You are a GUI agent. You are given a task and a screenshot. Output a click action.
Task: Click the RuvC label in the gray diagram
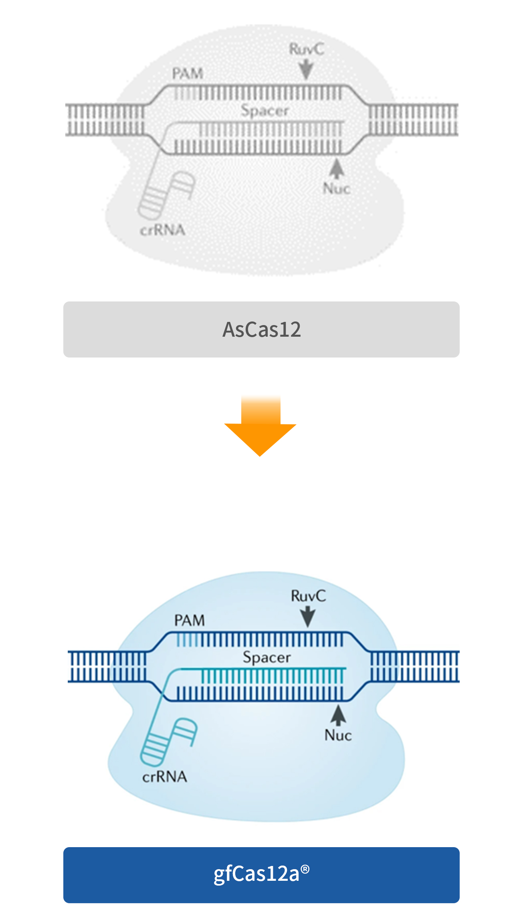tap(307, 49)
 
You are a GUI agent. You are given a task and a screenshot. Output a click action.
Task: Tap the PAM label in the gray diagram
tap(188, 74)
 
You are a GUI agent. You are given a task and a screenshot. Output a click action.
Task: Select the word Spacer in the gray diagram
tap(265, 110)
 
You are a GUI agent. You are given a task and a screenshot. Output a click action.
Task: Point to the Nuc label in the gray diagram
tap(337, 188)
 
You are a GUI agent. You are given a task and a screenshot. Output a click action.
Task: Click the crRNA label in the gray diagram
tap(163, 230)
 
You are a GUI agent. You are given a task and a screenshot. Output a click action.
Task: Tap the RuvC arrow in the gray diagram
tap(307, 69)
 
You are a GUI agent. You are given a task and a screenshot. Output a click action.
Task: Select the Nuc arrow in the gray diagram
tap(337, 168)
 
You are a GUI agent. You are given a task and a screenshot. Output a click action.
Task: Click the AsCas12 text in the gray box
tap(262, 329)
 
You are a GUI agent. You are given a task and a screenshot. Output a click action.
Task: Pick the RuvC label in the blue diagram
tap(309, 596)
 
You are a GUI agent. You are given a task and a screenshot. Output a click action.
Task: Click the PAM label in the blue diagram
tap(190, 621)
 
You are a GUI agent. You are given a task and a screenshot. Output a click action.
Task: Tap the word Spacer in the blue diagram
tap(267, 657)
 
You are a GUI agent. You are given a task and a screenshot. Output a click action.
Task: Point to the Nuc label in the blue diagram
tap(338, 735)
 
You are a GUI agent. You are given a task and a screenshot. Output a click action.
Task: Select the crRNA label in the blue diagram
tap(165, 777)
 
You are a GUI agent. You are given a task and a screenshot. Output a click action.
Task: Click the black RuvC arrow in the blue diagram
tap(308, 617)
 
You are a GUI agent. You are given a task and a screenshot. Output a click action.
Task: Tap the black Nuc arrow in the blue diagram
tap(339, 715)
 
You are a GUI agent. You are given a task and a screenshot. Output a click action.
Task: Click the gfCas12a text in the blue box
tap(256, 874)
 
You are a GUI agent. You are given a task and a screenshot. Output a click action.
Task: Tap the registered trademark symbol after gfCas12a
tap(305, 868)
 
